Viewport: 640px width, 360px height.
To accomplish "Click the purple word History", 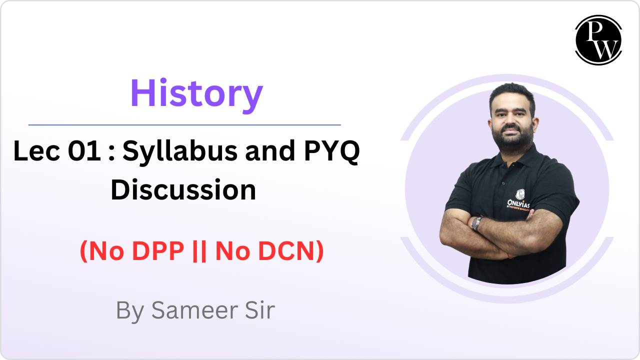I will pos(196,93).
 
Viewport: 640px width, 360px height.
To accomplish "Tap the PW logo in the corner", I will pos(598,40).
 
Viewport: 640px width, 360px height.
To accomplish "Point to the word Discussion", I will pos(183,190).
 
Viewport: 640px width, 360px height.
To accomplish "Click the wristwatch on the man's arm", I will pos(476,223).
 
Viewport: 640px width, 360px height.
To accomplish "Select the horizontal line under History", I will pos(184,124).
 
